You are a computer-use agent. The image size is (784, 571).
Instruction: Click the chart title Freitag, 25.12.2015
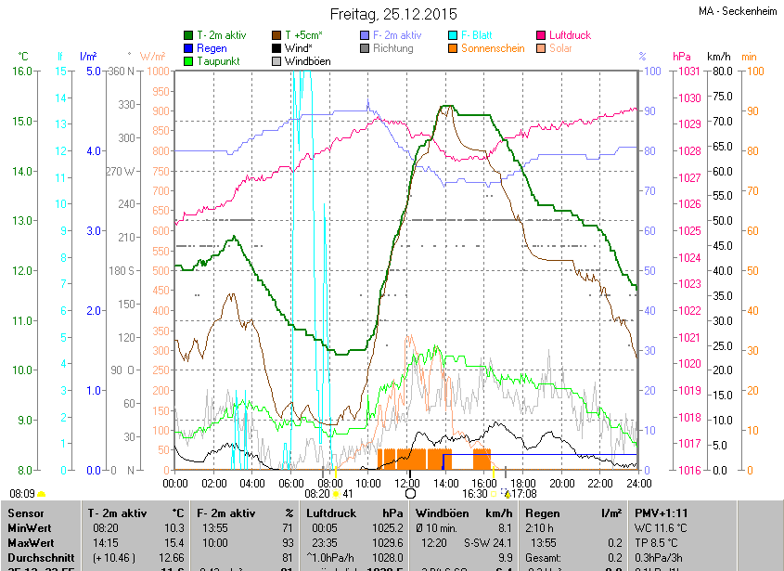tap(393, 14)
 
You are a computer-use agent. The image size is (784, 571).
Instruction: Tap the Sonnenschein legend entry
tap(493, 48)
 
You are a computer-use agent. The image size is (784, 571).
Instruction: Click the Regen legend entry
tap(212, 48)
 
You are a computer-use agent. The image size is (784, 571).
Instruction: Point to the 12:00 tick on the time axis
tap(407, 483)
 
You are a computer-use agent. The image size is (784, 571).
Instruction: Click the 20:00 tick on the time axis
tap(561, 483)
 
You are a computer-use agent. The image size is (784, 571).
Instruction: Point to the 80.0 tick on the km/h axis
tap(720, 71)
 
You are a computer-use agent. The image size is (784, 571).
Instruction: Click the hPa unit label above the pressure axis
tap(682, 57)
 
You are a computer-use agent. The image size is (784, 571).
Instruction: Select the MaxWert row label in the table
tap(32, 541)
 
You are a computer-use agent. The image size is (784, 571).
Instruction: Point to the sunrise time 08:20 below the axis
tap(316, 494)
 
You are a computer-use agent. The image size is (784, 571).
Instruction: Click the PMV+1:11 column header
tap(661, 513)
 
